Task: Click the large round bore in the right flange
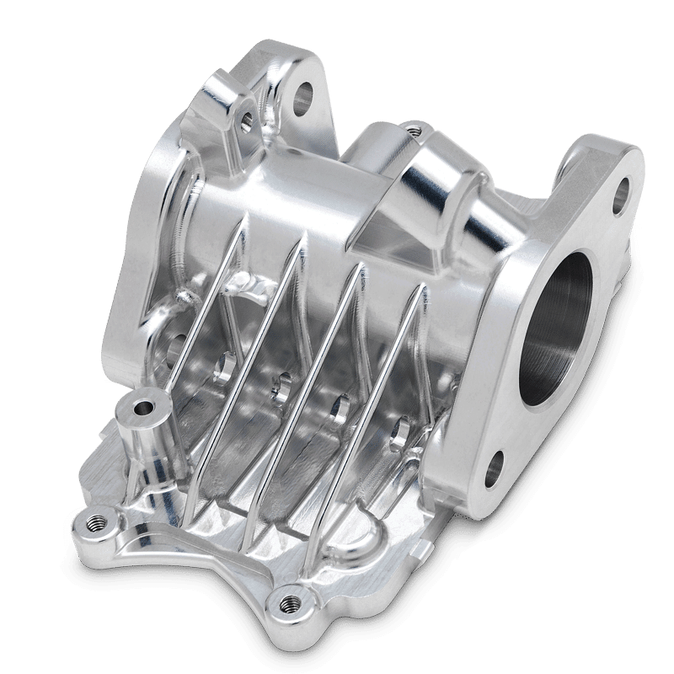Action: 563,337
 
